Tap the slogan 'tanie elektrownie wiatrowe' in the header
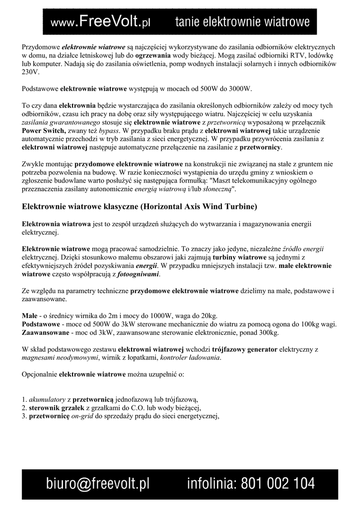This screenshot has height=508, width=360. click(x=242, y=22)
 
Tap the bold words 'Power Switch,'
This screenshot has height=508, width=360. click(x=44, y=130)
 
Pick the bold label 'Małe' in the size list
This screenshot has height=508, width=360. click(x=30, y=316)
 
